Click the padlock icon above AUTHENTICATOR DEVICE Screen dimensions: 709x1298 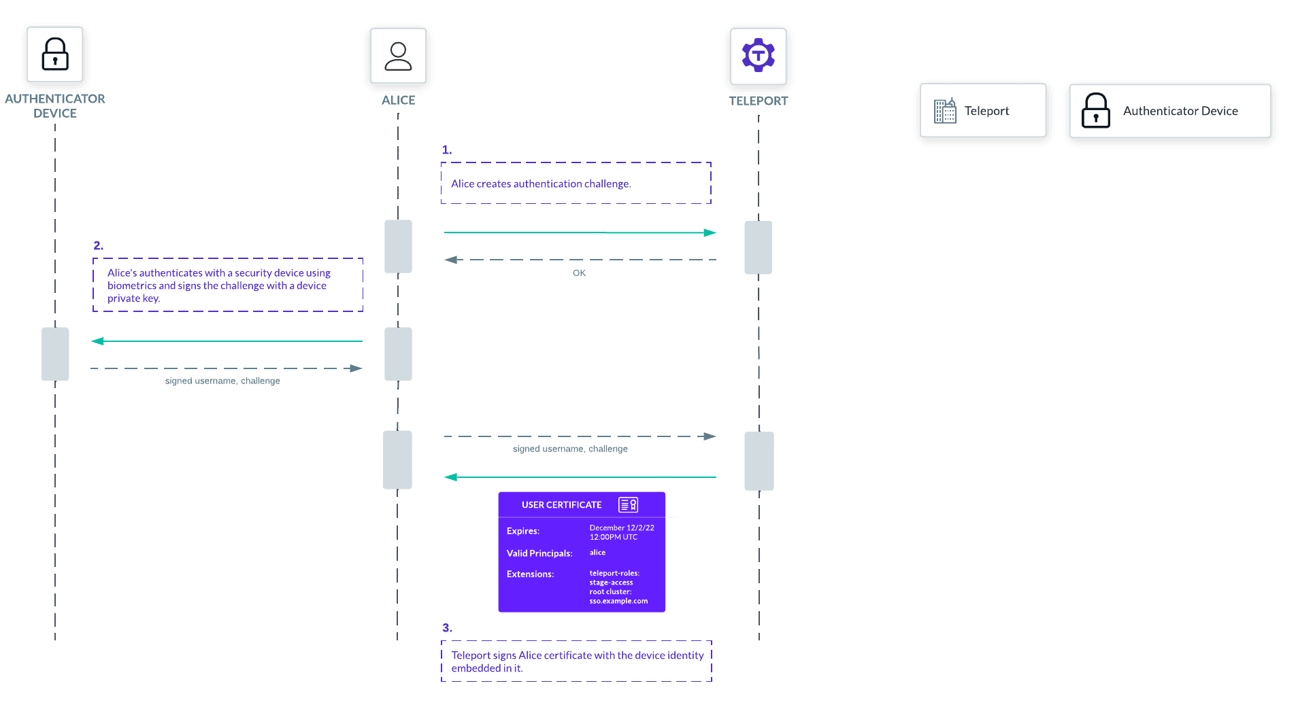point(55,54)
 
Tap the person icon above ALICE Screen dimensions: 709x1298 point(398,56)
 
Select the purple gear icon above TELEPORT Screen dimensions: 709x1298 point(758,55)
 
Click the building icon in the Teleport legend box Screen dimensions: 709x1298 point(945,111)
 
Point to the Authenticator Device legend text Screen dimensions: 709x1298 point(1180,111)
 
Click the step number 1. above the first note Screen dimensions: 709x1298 point(446,150)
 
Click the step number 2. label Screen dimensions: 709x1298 point(99,245)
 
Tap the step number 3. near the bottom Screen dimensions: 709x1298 point(447,627)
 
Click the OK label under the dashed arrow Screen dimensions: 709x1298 point(579,273)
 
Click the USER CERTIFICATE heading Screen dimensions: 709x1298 point(561,505)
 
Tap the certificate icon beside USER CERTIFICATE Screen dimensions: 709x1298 point(628,505)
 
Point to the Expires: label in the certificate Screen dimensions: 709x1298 point(522,531)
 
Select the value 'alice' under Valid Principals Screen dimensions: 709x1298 point(597,553)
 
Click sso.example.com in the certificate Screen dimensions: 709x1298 point(618,601)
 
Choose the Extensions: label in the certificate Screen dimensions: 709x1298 point(530,574)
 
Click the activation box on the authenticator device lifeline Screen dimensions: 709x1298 point(55,354)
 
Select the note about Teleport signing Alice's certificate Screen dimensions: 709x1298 point(576,661)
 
